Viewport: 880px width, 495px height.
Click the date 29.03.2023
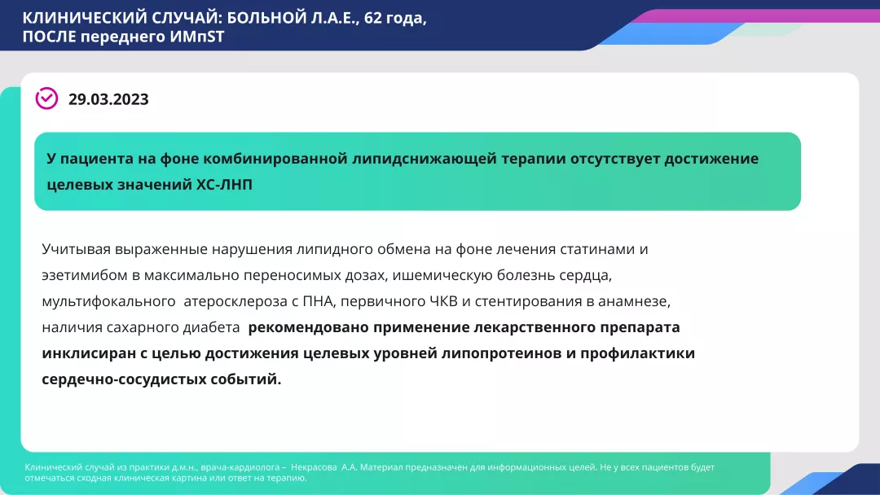pyautogui.click(x=108, y=99)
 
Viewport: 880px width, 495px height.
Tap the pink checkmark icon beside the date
pyautogui.click(x=46, y=99)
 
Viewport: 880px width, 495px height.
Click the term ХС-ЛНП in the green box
pyautogui.click(x=224, y=185)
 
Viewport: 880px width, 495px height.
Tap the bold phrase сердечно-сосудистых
pyautogui.click(x=121, y=380)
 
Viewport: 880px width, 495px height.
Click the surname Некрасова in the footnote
pyautogui.click(x=320, y=467)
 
